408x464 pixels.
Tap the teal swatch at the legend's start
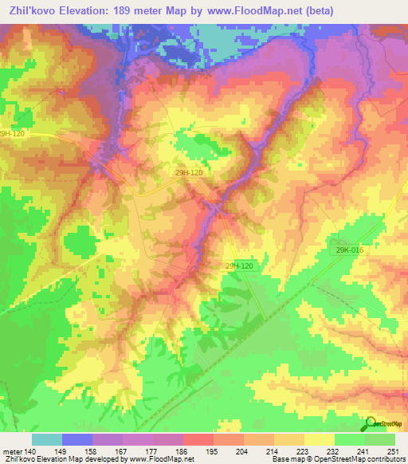click(x=46, y=439)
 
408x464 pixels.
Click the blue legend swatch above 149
click(x=76, y=439)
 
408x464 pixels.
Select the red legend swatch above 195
click(x=198, y=439)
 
